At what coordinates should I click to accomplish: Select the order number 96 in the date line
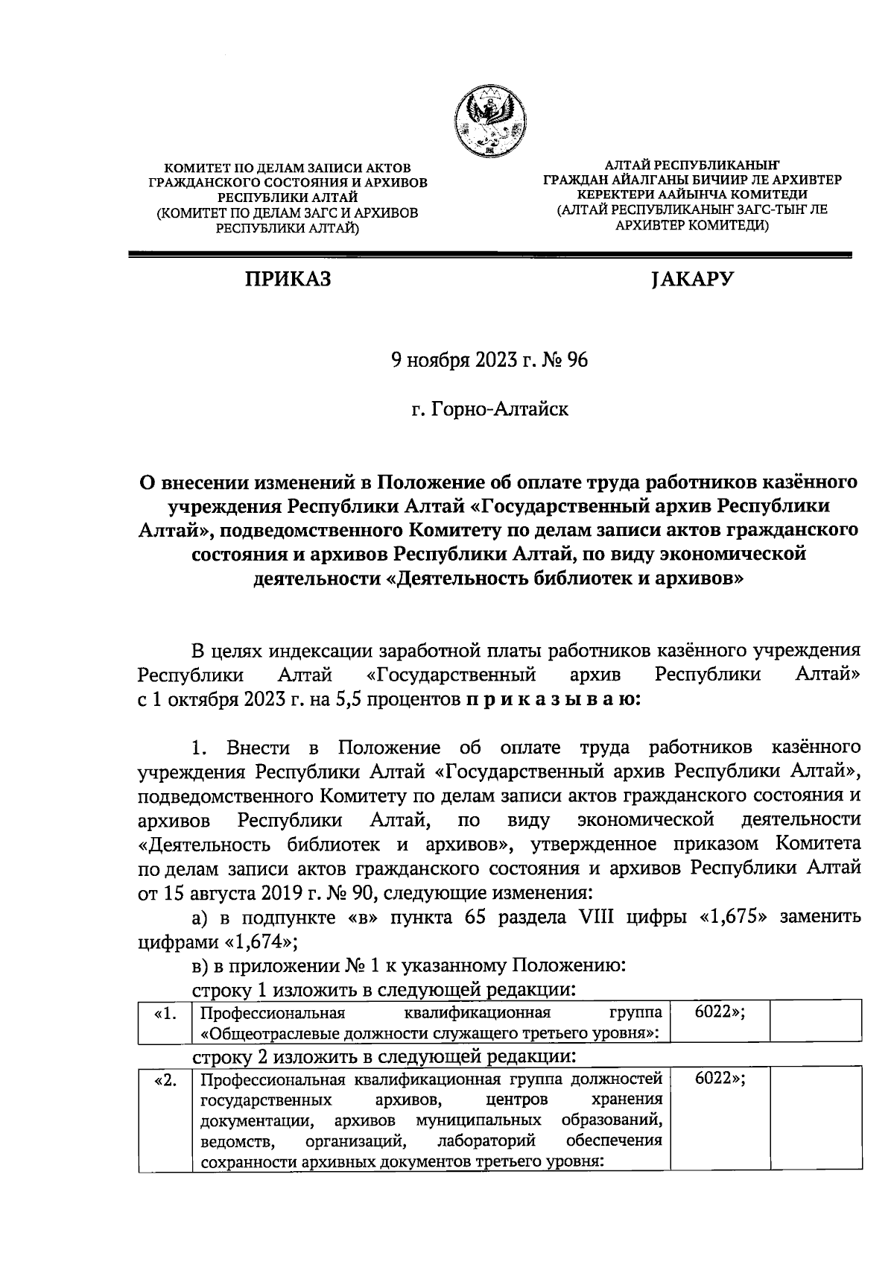(577, 361)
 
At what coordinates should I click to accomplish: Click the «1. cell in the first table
(165, 1015)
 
